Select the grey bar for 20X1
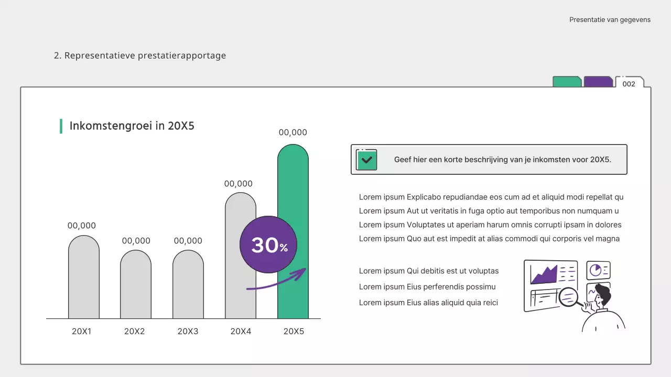pos(84,278)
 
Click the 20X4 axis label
pos(241,331)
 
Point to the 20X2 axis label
pos(135,331)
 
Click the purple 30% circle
pos(268,245)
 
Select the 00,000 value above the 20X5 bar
pos(293,132)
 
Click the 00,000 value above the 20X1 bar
pos(82,226)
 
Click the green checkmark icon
pos(366,160)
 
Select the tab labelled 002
pos(629,83)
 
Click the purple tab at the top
pos(598,82)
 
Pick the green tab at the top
pos(567,82)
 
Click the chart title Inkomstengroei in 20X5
pos(132,126)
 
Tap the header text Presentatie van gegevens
pos(610,20)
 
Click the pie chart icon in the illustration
pos(596,270)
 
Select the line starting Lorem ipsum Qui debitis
pos(429,271)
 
